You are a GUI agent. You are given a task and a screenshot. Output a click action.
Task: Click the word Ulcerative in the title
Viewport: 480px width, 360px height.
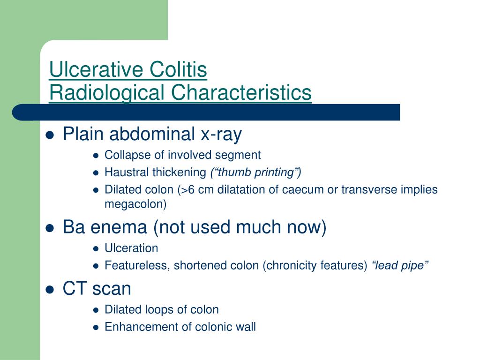point(97,69)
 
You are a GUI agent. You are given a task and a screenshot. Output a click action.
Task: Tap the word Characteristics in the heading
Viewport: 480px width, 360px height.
point(241,92)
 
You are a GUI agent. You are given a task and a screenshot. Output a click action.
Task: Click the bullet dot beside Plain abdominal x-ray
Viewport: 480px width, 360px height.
point(50,135)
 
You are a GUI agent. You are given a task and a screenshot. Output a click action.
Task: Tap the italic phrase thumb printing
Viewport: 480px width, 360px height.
point(255,172)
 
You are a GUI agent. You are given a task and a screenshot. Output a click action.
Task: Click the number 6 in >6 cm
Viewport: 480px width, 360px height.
point(191,190)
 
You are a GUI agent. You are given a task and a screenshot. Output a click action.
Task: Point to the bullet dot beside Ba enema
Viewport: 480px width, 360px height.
point(50,228)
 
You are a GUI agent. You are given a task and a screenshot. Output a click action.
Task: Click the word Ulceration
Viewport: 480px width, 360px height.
point(131,248)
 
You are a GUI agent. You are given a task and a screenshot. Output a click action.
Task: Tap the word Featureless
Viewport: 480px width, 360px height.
point(136,265)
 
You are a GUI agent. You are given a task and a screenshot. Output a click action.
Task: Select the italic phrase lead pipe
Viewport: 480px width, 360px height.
point(400,265)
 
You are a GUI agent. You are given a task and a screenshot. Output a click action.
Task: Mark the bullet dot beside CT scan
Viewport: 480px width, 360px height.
point(50,290)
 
